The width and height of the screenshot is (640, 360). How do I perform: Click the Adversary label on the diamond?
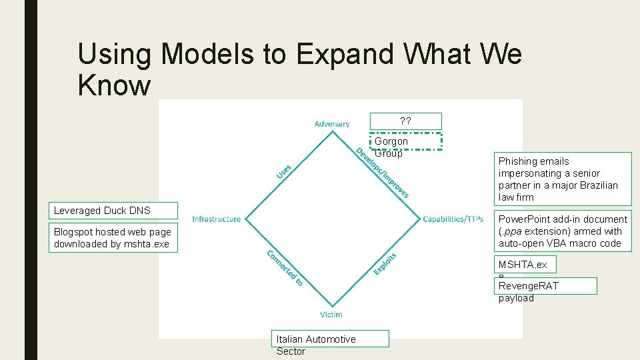pos(331,124)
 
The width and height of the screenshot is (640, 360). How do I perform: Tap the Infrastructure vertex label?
pos(216,219)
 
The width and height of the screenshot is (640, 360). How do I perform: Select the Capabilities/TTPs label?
pos(453,219)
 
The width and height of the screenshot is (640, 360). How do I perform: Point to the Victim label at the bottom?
pos(331,314)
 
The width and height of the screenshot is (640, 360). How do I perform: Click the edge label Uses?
pos(284,171)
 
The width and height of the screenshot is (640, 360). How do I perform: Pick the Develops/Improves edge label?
pos(382,173)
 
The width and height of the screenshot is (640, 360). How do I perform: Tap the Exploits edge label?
pos(385,263)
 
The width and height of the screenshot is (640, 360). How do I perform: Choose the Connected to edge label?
pos(285,268)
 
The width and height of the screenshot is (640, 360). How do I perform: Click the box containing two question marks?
pos(405,121)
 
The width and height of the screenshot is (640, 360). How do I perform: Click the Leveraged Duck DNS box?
pos(113,211)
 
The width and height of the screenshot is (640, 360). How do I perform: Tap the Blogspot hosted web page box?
pos(113,238)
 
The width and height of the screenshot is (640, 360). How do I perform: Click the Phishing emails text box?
pos(563,179)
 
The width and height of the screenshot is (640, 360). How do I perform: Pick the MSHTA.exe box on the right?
pos(526,265)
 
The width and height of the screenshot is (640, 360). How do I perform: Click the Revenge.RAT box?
pos(546,286)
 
